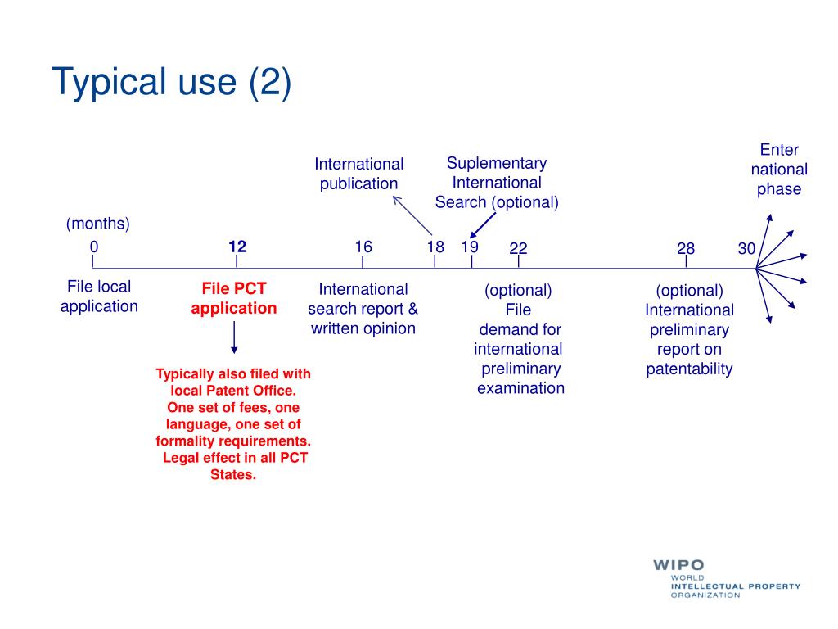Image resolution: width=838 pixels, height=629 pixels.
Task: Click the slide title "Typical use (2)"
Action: click(171, 84)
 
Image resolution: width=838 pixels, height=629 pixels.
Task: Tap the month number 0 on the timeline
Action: click(94, 247)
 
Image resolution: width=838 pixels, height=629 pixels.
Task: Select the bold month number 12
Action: click(237, 247)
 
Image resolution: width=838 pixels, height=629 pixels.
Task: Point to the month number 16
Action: click(363, 247)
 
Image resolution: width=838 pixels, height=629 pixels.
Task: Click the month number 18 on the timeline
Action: click(435, 247)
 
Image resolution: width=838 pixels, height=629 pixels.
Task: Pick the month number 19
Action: click(470, 247)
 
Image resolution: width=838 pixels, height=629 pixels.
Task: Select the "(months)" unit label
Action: click(98, 224)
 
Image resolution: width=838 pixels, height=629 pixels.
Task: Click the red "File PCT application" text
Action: click(234, 299)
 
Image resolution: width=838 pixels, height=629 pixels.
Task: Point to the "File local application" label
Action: click(99, 296)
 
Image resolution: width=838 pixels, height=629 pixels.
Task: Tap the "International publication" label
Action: click(359, 174)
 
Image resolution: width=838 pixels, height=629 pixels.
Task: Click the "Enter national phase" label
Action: click(779, 170)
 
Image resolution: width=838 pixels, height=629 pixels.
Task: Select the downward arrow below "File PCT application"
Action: click(235, 337)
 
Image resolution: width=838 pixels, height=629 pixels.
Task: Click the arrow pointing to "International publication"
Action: click(412, 215)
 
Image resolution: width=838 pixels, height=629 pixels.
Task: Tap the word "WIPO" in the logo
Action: click(678, 565)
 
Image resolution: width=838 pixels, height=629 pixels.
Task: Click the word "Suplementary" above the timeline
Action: click(497, 163)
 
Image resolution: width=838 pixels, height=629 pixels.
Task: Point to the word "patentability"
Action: click(689, 369)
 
